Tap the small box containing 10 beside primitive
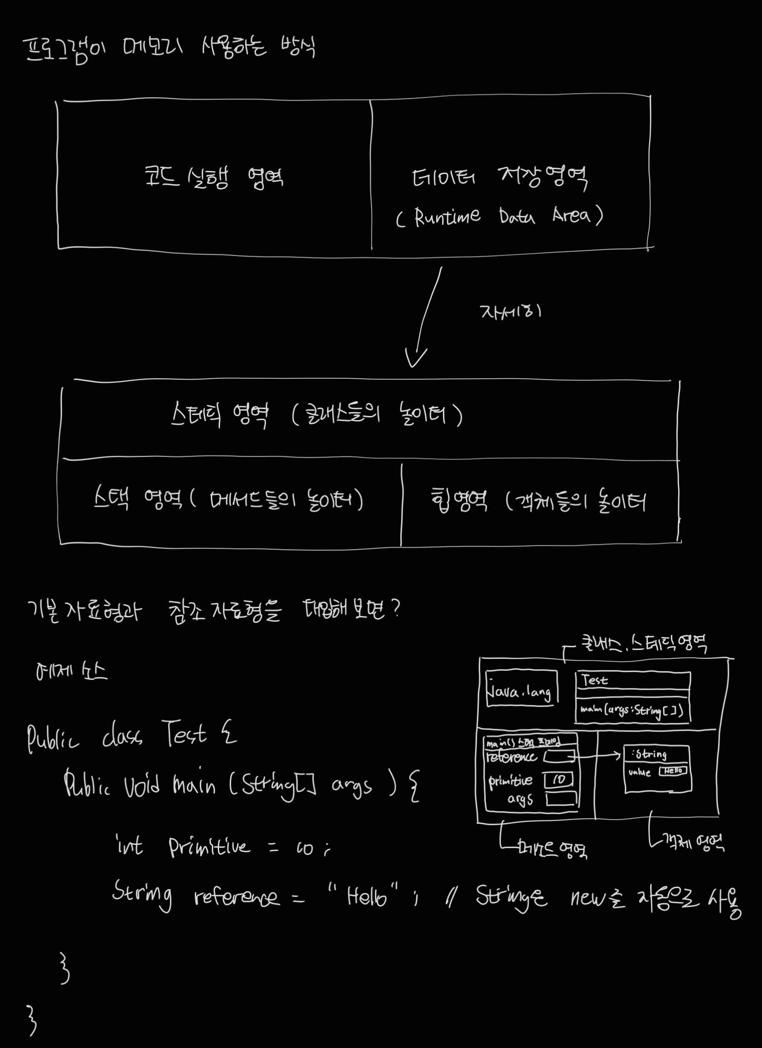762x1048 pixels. point(559,780)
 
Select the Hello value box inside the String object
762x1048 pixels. point(673,771)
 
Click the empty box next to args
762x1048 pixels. point(562,799)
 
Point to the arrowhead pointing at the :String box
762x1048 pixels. point(618,755)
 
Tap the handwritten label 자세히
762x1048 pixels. point(510,312)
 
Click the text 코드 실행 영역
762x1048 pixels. point(214,177)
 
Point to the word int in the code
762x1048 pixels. point(129,845)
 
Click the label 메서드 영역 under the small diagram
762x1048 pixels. point(552,848)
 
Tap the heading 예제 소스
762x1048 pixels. point(71,671)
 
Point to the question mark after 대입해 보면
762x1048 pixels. point(396,609)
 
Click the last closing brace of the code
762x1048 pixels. point(31,1019)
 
